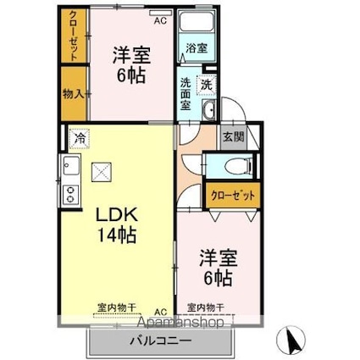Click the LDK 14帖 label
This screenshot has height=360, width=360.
[x=115, y=222]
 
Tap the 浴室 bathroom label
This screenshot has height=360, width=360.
[x=196, y=48]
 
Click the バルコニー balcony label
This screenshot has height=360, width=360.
[x=160, y=341]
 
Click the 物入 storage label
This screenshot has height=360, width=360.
[x=73, y=92]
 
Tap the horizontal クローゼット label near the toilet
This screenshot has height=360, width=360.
[x=231, y=196]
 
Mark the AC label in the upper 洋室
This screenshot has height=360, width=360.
[x=159, y=15]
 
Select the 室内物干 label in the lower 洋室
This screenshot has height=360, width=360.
[x=204, y=307]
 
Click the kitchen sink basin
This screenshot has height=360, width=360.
[x=69, y=165]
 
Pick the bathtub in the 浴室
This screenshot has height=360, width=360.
[x=197, y=24]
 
